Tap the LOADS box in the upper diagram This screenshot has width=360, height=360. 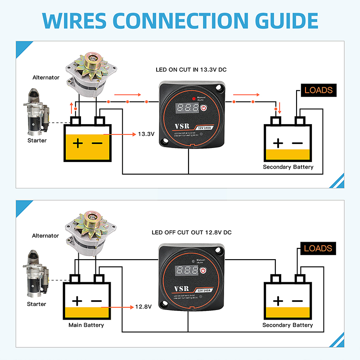[x=318, y=90]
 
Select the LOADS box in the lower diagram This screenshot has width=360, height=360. [x=318, y=248]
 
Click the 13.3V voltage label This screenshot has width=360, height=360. [x=146, y=134]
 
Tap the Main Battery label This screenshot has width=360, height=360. [x=86, y=325]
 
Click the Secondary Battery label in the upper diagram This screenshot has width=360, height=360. [x=288, y=167]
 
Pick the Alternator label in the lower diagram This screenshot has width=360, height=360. [x=45, y=236]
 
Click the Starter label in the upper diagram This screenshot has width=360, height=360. [x=37, y=140]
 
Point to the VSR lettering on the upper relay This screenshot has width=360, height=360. [x=180, y=127]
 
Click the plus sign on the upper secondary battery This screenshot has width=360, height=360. [x=278, y=144]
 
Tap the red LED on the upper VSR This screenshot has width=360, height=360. [x=193, y=98]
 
